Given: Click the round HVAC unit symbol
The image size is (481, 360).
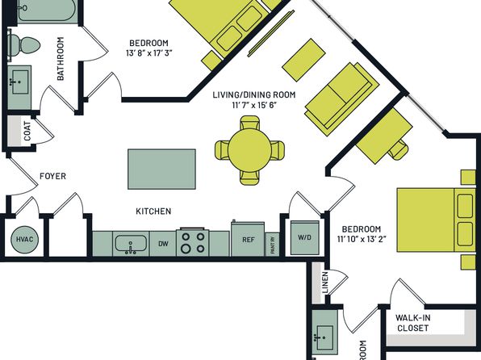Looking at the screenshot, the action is pos(24,240).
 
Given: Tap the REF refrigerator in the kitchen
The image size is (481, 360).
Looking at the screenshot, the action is pos(248,239).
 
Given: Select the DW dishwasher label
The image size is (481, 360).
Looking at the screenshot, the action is pos(163,244).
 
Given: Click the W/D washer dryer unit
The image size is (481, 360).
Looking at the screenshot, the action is pos(304,237).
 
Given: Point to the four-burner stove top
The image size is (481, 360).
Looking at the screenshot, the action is pos(192,242).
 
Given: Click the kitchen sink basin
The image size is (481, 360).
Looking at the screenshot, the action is pos(131,244).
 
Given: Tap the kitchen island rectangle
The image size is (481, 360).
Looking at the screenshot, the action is pos(161,170).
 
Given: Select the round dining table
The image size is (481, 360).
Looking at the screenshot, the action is pos(249,150).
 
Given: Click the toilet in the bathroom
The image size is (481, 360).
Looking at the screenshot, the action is pos(24,45).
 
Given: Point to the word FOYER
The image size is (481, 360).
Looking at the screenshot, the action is pos(52,176).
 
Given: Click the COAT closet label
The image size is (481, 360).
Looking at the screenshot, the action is pos(27,131).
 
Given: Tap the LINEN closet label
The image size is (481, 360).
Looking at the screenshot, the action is pos(325,282).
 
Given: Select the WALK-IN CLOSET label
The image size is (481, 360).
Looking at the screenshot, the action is pos(412,323).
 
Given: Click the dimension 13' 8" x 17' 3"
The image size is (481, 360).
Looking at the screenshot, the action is pos(148,53).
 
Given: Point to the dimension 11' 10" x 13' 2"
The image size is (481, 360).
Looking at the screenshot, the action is pos(362,239).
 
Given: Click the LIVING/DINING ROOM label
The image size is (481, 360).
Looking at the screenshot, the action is pos(254,94).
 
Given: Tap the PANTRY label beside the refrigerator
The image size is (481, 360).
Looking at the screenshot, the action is pos(273,245).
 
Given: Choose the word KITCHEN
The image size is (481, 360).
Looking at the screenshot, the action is pos(153,211).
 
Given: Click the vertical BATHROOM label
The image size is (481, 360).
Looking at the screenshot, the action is pos(61,59).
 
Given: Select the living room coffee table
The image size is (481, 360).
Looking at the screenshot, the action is pos(303,60).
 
